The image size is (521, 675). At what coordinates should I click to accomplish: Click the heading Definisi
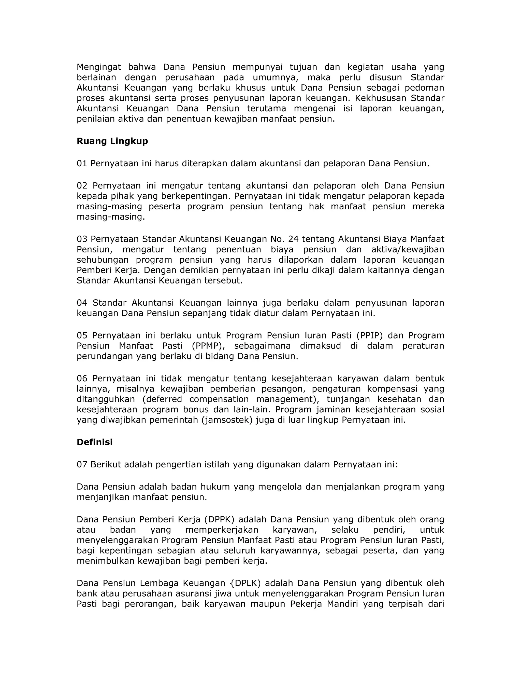[x=94, y=442]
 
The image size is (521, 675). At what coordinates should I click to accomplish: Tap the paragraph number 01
[x=82, y=164]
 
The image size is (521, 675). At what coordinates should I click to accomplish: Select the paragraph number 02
[x=82, y=186]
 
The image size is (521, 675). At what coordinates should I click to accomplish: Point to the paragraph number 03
[x=82, y=239]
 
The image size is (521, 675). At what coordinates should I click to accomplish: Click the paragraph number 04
[x=82, y=303]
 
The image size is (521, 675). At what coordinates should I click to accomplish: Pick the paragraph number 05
[x=82, y=335]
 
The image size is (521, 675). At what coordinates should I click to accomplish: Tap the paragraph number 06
[x=82, y=378]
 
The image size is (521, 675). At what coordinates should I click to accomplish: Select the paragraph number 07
[x=82, y=465]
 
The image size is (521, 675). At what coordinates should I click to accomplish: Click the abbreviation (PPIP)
[x=369, y=335]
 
